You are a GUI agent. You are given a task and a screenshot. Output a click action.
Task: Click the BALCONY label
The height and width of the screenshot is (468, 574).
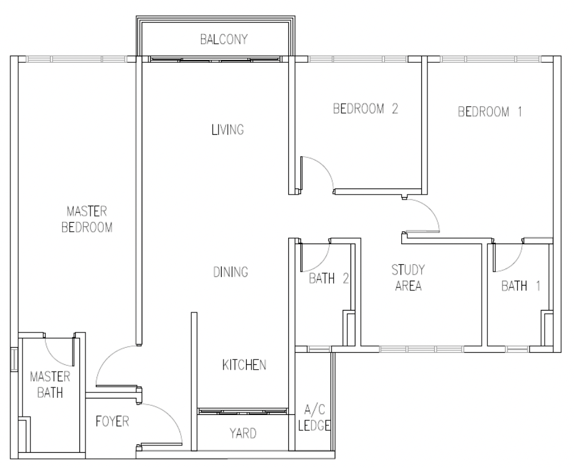point(223,39)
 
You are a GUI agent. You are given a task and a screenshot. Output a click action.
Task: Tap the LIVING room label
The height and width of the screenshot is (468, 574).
point(228,129)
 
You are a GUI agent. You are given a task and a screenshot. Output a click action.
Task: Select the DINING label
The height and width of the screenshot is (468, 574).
point(231,272)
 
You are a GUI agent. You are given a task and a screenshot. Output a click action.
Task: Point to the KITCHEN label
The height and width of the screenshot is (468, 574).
point(244,365)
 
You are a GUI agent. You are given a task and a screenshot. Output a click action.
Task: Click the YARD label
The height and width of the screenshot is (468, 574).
point(243,434)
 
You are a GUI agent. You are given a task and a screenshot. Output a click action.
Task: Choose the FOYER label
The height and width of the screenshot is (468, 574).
point(112,422)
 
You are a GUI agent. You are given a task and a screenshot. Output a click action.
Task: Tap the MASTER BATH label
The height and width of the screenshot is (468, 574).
point(50,384)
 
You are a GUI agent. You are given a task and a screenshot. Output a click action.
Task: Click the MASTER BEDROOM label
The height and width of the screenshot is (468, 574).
point(87,219)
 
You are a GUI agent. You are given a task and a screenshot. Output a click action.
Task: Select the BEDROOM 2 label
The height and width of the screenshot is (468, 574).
point(365,109)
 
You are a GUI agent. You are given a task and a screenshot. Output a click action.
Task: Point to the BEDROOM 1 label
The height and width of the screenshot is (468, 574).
point(490,112)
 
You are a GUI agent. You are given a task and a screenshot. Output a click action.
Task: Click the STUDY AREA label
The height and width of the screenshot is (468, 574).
point(408,278)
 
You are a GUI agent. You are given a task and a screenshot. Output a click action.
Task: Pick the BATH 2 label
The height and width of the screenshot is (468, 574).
point(329,279)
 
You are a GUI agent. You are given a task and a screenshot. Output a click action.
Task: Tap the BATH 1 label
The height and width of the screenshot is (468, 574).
point(521,286)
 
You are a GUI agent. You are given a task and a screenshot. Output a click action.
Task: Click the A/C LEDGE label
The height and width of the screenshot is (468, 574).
point(314,417)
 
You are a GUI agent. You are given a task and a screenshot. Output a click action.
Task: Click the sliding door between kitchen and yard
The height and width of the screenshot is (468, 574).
point(243,412)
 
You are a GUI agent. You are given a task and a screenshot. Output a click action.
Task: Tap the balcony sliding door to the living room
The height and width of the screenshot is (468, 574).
point(215,59)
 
